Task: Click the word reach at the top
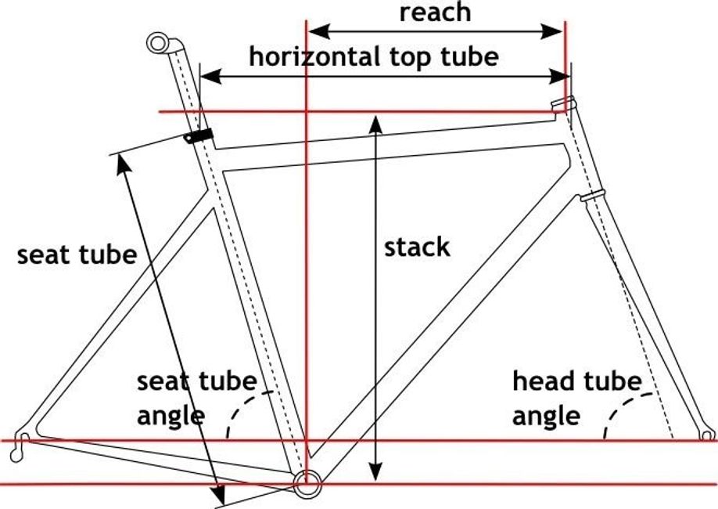point(435,12)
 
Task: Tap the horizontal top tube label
point(373,56)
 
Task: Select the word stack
point(417,247)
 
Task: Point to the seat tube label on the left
point(77,254)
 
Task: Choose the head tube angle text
point(576,398)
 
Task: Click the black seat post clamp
point(199,135)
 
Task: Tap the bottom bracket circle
point(307,482)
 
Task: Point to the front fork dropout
point(708,432)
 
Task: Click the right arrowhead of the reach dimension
point(557,31)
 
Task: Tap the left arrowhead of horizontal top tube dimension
point(207,76)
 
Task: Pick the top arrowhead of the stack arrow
point(377,121)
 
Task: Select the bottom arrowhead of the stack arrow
point(377,472)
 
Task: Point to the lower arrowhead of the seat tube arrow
point(220,496)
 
